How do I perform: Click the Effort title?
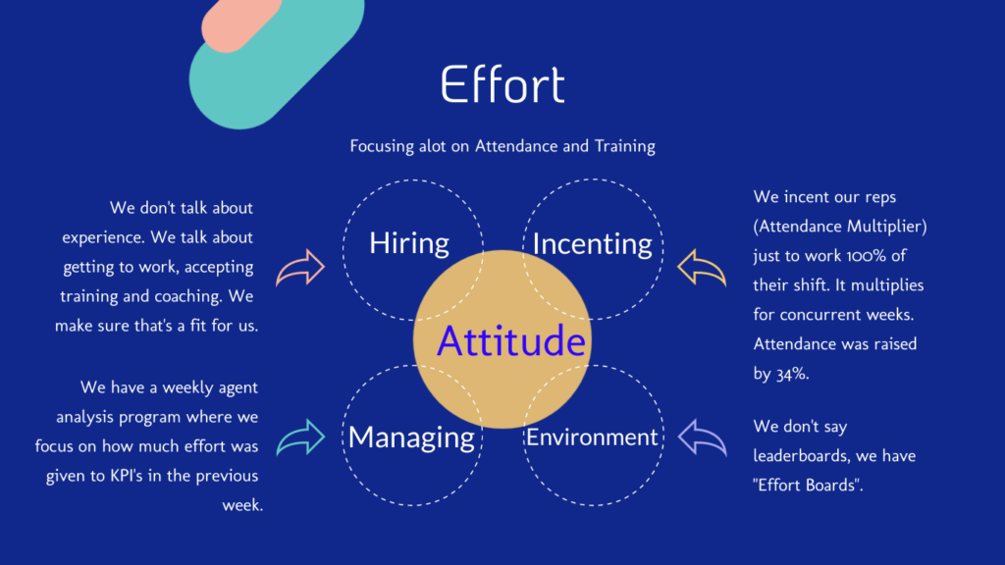point(502,84)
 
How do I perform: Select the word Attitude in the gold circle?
point(510,340)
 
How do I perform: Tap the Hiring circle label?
point(409,243)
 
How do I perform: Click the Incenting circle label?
point(592,244)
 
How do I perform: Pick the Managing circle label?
point(411,437)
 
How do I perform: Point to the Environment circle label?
point(592,437)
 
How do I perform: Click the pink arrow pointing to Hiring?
point(301,267)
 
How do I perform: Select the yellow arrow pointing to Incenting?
point(702,267)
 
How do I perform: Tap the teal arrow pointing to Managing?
point(301,437)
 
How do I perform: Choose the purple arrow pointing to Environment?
point(702,437)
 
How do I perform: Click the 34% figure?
point(791,374)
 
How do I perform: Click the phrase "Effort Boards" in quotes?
point(809,485)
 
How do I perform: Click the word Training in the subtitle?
point(625,147)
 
